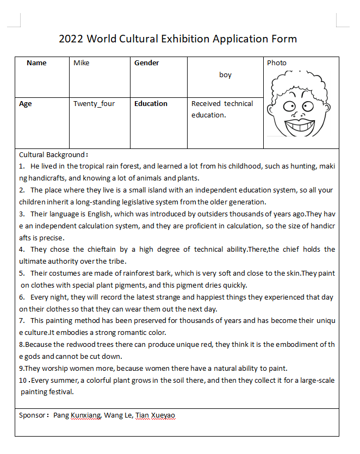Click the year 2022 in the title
pos(71,39)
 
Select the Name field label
pos(36,63)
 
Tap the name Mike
pos(82,63)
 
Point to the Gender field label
pos(147,63)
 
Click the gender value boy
pos(225,75)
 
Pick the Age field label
pos(26,104)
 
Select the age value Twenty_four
pos(94,104)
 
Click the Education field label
pos(151,104)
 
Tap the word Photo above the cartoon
pos(276,63)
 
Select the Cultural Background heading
pos(52,155)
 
